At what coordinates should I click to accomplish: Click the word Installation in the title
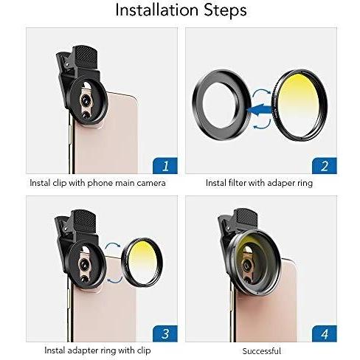156,10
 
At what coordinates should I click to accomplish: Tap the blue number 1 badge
165,166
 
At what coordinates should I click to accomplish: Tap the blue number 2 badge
325,166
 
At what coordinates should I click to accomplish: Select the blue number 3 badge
165,333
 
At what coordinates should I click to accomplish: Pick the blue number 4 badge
325,333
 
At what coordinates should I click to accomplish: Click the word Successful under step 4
262,351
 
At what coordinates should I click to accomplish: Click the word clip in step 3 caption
145,350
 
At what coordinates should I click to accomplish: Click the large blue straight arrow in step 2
260,109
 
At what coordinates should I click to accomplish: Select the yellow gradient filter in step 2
300,105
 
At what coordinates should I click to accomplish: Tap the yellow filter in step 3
142,263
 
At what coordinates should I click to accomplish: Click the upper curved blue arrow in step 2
262,92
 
